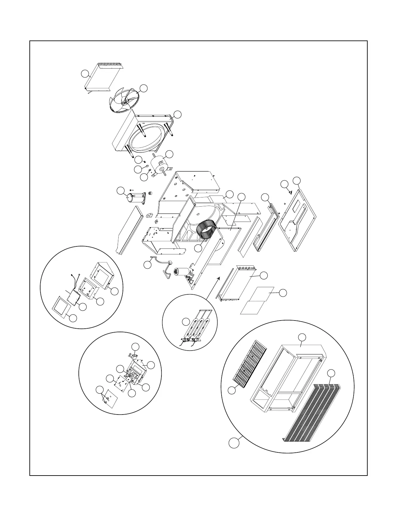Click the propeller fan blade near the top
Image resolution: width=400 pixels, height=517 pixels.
point(124,101)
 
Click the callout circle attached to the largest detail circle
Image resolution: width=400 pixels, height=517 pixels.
point(233,443)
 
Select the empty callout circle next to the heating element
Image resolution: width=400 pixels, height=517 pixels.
point(186,321)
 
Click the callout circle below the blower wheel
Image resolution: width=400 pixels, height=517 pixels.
point(198,248)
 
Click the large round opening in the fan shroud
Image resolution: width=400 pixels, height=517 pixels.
point(143,137)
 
